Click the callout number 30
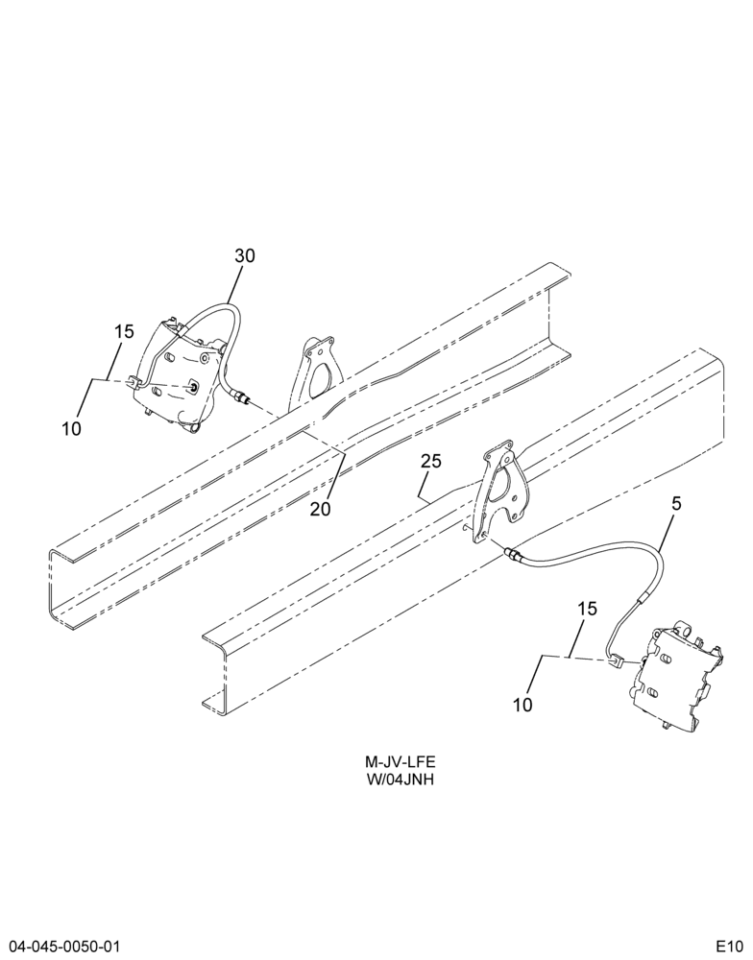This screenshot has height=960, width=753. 245,256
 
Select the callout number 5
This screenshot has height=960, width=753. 677,504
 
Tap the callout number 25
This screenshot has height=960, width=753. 431,461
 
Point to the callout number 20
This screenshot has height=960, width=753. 321,509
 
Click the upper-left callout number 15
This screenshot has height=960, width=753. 124,332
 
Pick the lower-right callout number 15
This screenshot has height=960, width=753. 587,609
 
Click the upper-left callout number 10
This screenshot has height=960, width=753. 72,429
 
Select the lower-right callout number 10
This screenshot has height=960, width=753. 522,706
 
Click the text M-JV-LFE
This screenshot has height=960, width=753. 401,762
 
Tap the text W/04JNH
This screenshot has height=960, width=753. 401,780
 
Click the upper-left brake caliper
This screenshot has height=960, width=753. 178,373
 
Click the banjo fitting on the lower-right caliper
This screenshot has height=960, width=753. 616,661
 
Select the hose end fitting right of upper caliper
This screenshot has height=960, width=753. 241,398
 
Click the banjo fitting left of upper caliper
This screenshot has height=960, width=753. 135,383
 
